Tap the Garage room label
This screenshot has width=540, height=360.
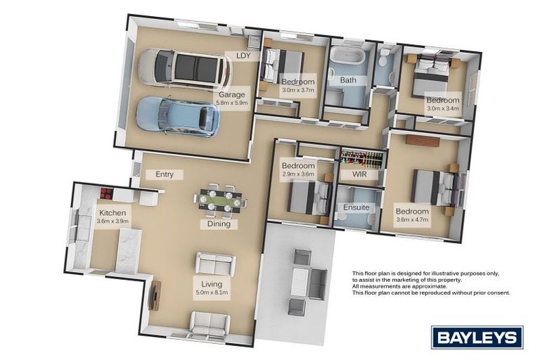[231, 95]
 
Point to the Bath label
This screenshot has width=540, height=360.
[348, 80]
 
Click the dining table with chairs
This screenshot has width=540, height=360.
[219, 200]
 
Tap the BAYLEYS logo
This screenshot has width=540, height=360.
[477, 337]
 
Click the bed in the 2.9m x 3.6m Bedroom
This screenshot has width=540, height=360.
[309, 197]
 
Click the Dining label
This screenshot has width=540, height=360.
[218, 224]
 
